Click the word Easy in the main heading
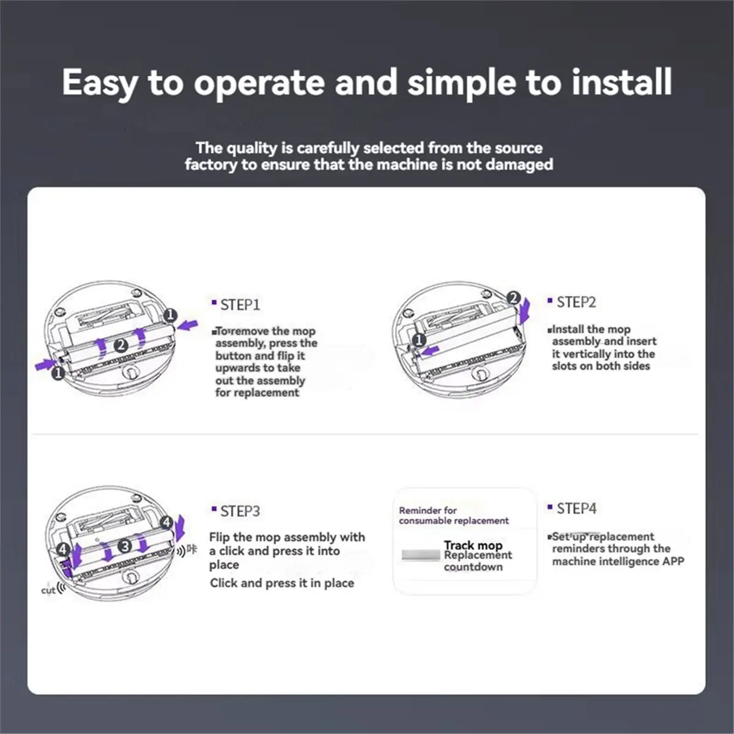[100, 83]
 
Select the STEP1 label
[240, 305]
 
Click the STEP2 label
[576, 302]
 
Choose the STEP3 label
[240, 511]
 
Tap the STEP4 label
[577, 508]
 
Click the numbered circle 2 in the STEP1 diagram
[121, 346]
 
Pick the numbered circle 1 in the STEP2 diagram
[419, 339]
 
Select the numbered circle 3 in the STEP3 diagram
[125, 546]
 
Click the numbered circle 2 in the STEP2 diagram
[514, 298]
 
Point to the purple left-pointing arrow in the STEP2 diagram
[431, 350]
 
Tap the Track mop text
[473, 545]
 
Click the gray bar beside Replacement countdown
[421, 555]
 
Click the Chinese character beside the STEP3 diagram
[192, 550]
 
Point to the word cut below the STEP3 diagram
[48, 590]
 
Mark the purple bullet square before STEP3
[214, 508]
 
